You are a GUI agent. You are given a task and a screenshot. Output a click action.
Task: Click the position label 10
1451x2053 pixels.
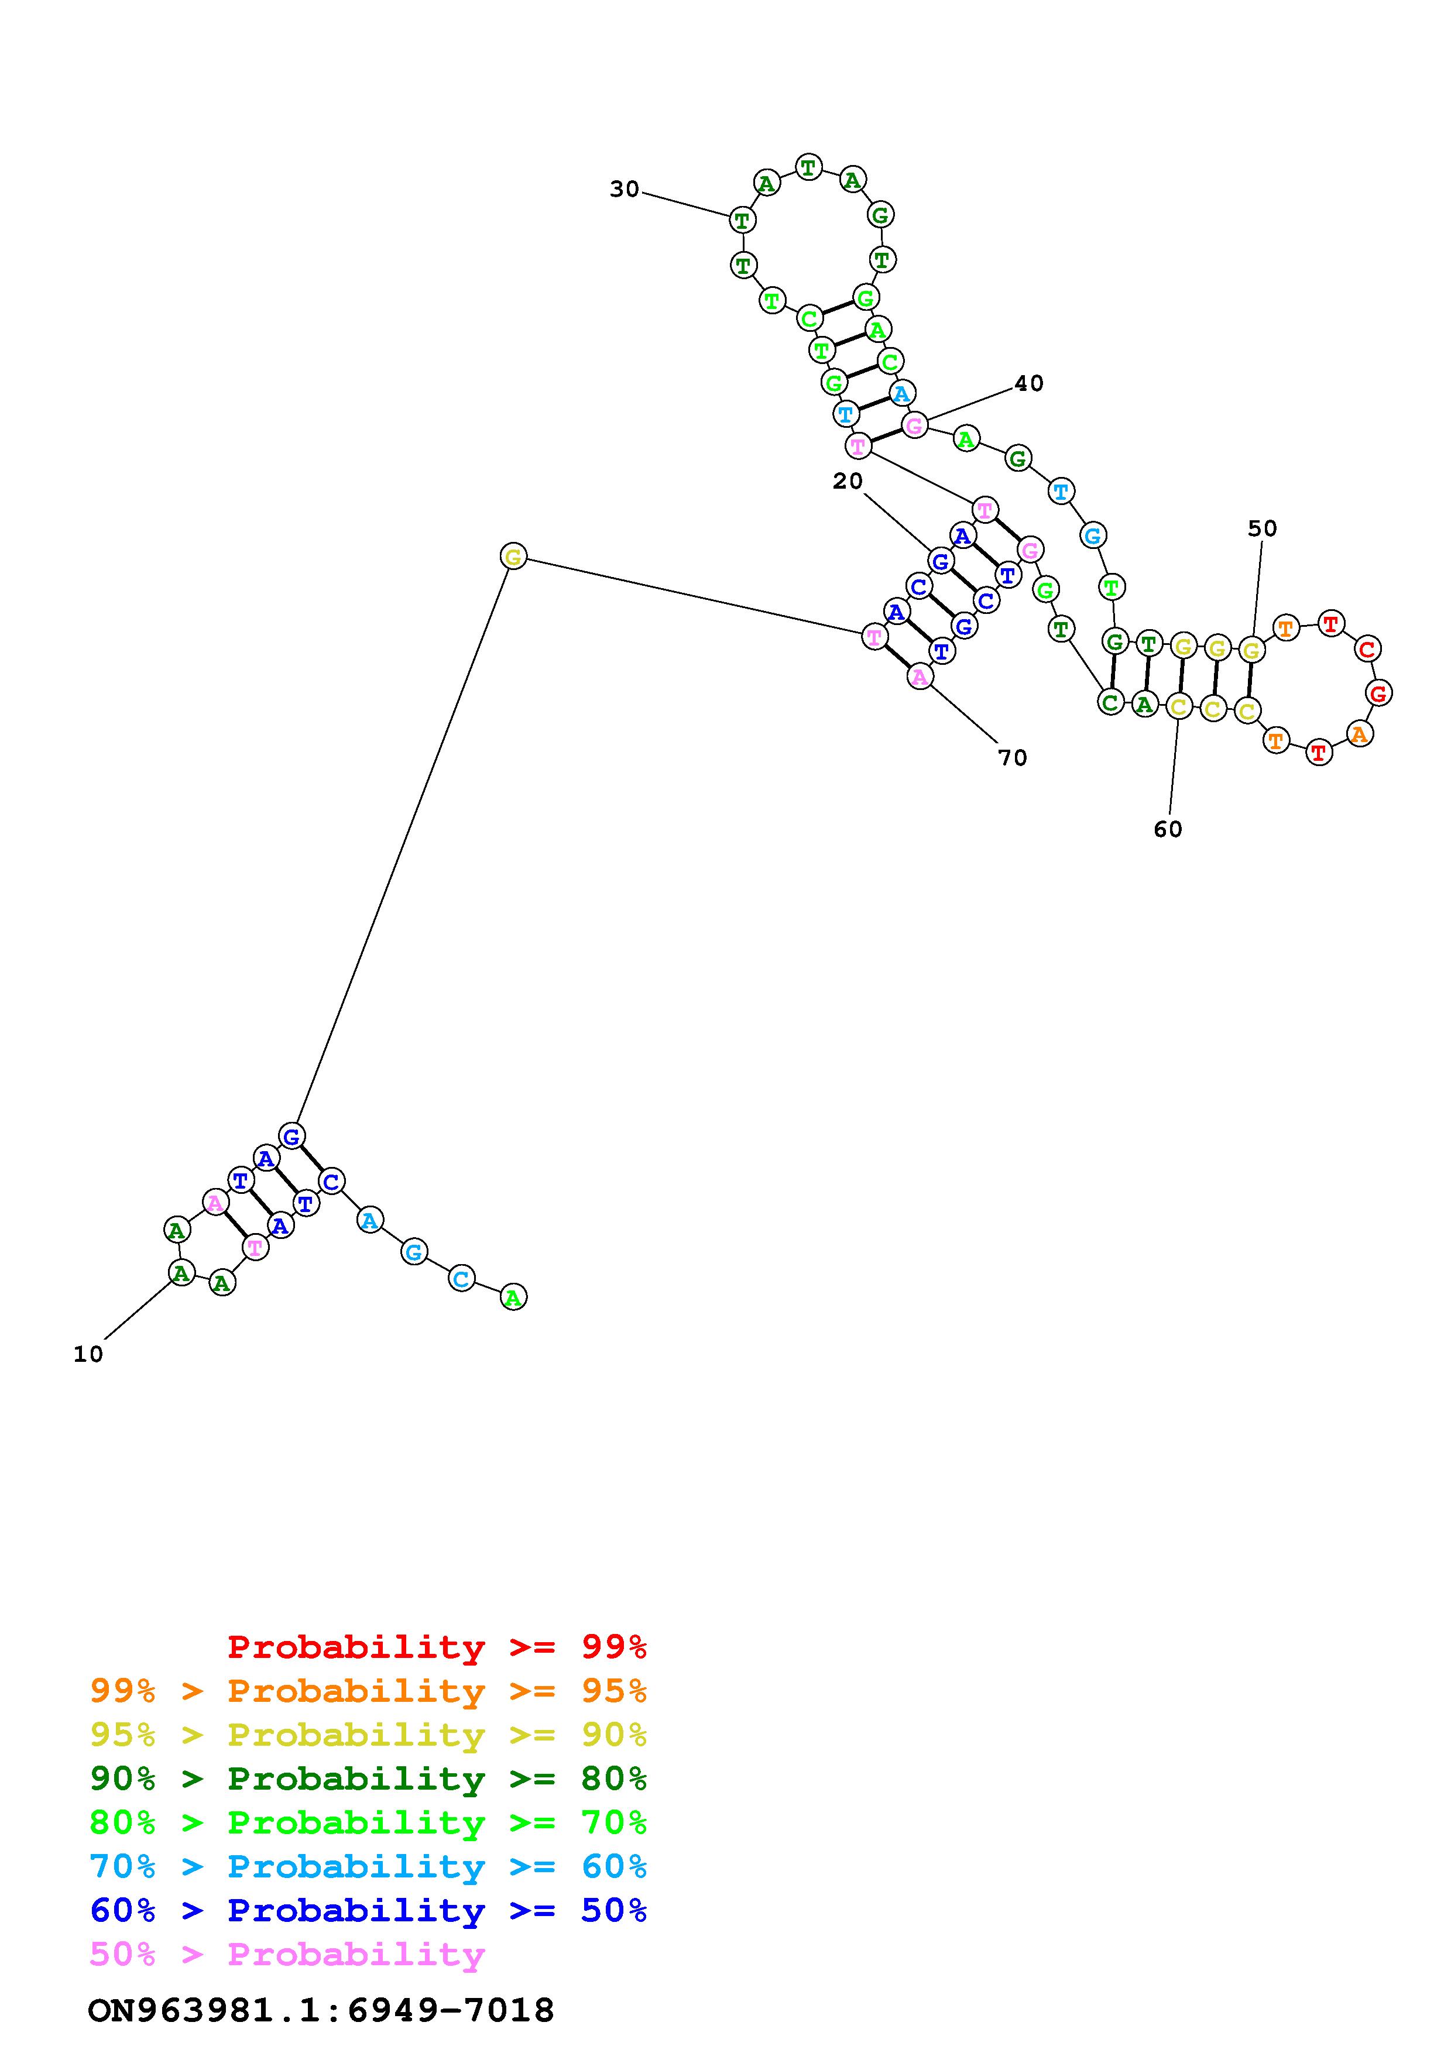[88, 1355]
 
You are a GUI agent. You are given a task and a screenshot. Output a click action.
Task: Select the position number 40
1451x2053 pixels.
[1028, 383]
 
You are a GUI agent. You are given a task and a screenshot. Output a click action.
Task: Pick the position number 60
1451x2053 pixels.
[1168, 830]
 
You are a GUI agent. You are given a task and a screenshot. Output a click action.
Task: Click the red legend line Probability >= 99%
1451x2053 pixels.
[437, 1647]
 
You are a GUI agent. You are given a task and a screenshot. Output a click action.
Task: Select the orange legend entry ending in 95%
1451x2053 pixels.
[368, 1691]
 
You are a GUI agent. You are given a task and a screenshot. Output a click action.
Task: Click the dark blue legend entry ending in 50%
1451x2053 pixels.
[368, 1910]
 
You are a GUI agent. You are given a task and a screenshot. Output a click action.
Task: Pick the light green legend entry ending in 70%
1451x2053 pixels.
[368, 1822]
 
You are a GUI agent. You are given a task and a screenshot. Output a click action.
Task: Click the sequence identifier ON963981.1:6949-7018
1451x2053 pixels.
[321, 2010]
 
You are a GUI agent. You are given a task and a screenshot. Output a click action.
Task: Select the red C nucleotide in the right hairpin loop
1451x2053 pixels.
[1366, 648]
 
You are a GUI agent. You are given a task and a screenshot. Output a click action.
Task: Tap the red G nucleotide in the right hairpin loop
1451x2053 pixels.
[1380, 692]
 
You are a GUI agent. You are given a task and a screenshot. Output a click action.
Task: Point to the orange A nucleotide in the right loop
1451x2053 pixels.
[1360, 734]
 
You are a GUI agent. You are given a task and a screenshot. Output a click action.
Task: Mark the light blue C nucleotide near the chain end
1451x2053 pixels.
[461, 1279]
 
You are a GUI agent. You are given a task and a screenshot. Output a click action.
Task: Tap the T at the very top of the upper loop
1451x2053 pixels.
[808, 167]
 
